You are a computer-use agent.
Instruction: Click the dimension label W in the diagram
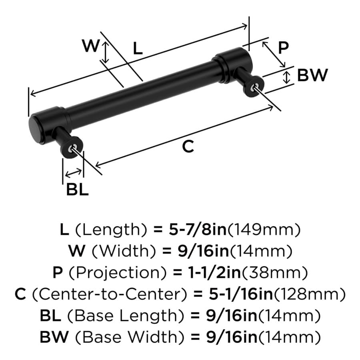tap(91, 46)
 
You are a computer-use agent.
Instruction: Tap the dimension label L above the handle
tap(138, 49)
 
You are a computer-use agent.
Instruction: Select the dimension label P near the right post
tap(283, 48)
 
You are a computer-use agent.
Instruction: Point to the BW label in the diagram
tap(312, 75)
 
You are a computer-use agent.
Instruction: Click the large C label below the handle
tap(188, 146)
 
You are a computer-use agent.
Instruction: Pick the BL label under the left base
tap(77, 190)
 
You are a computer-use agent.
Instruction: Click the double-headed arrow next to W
tap(105, 52)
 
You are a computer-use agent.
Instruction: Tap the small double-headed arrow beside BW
tap(286, 77)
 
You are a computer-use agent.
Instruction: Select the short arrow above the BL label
tap(73, 173)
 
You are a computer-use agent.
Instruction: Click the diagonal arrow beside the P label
tap(274, 54)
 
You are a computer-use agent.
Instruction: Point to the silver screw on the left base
tap(74, 147)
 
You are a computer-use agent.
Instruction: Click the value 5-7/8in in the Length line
tap(198, 230)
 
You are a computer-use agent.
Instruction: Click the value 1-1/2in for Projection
tap(214, 272)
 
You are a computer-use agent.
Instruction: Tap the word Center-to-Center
tap(110, 294)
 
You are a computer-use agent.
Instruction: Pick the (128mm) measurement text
tap(309, 294)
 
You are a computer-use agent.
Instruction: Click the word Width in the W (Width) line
tap(124, 251)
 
